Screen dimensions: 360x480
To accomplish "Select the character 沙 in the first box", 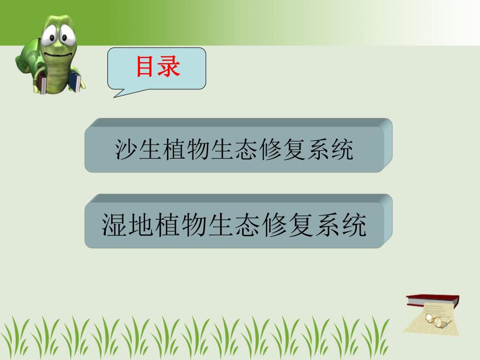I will click(126, 150).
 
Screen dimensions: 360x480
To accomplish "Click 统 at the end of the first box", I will click(341, 150).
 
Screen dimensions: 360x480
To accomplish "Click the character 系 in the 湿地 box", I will click(326, 225).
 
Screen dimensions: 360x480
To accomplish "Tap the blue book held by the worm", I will click(76, 82).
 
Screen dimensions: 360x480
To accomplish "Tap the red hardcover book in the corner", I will click(432, 300).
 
